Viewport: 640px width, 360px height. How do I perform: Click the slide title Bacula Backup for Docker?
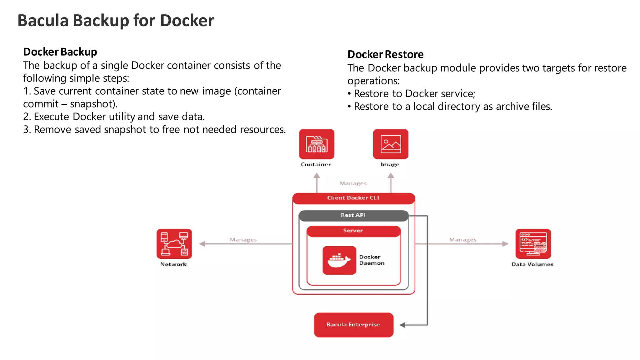(x=116, y=21)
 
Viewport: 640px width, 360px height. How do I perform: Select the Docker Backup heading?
(x=60, y=52)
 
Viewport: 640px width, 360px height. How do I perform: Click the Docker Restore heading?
(x=385, y=54)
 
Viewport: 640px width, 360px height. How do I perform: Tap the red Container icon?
(x=316, y=144)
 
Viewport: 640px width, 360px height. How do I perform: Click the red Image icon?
(x=390, y=144)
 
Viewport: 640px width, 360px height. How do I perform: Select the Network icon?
(x=174, y=244)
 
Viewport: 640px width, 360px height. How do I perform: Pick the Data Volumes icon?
(x=533, y=244)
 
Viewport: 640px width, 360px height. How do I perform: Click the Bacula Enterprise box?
(x=353, y=325)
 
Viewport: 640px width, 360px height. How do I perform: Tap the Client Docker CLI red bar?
(x=353, y=198)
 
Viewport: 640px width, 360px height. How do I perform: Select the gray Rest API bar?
(x=353, y=215)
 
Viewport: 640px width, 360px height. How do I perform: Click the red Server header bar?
(x=353, y=231)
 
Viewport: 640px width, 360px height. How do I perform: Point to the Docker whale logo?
(x=339, y=260)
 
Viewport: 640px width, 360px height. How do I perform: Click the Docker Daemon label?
(x=372, y=260)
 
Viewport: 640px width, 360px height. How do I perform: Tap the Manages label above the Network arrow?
(x=243, y=240)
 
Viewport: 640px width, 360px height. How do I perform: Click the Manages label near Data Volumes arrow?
(x=462, y=240)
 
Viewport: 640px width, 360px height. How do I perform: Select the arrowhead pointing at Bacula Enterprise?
(x=402, y=325)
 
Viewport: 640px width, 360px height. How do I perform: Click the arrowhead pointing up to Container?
(x=317, y=176)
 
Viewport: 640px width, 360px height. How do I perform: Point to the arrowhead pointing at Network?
(x=202, y=244)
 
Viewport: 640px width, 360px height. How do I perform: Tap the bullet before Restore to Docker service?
(x=349, y=94)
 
